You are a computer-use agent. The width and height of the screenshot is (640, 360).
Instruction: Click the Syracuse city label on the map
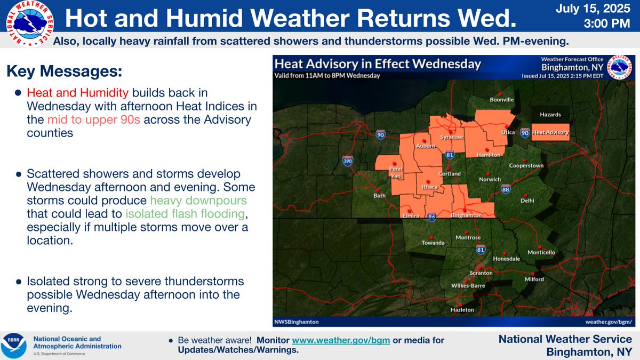point(452,137)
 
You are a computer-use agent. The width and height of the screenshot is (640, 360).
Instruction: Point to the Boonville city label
point(502,100)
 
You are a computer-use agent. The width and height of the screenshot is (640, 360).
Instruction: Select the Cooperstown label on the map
point(526,165)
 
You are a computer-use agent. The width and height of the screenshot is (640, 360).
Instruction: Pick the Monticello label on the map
point(541,252)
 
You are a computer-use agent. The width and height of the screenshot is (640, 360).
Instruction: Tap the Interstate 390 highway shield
point(347,159)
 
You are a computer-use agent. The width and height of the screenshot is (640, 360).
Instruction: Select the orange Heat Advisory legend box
point(550,132)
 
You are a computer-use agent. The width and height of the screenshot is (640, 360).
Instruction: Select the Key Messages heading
point(64,71)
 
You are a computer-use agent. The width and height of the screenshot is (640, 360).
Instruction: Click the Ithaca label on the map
point(430,187)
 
